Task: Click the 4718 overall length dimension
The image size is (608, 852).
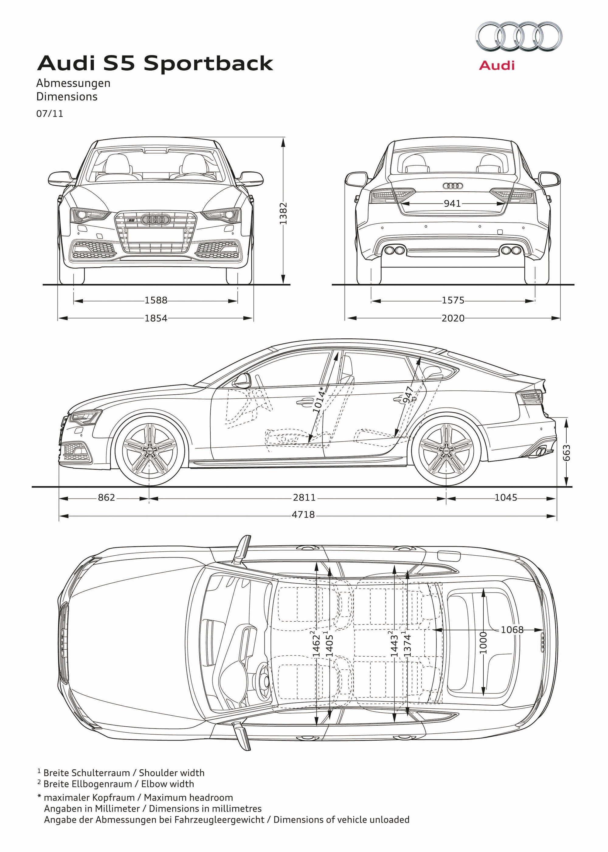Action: point(303,515)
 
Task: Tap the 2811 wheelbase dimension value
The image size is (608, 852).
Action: point(304,498)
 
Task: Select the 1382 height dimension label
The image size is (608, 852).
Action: point(283,213)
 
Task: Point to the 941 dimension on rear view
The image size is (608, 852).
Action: point(452,204)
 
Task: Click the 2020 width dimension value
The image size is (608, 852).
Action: point(453,318)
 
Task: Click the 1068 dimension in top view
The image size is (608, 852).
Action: point(512,630)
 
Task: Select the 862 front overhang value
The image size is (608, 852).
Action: point(106,498)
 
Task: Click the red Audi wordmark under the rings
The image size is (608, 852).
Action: point(497,65)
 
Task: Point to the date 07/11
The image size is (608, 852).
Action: point(50,113)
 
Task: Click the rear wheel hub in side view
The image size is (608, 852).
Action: point(446,450)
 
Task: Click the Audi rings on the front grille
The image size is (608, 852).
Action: point(155,220)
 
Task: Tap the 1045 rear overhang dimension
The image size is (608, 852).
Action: point(506,498)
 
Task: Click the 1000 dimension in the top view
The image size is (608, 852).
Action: point(483,643)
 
